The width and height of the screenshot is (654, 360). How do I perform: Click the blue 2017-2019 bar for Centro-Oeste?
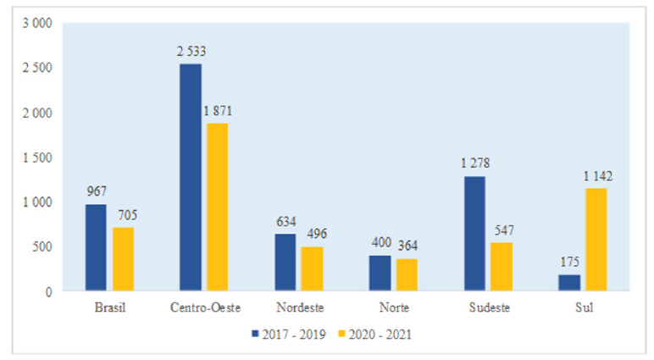click(191, 178)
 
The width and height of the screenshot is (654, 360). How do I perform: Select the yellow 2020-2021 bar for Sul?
click(596, 240)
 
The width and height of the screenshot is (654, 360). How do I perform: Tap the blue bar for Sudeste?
click(475, 234)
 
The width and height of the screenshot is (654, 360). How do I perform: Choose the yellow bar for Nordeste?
click(312, 269)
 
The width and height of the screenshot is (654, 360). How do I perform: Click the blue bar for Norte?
click(380, 273)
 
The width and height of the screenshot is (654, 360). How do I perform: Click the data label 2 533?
click(191, 53)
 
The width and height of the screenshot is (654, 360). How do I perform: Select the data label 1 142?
click(596, 177)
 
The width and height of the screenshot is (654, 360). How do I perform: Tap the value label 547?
click(502, 230)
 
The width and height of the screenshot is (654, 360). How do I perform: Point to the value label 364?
click(407, 246)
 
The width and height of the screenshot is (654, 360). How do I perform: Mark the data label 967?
click(97, 192)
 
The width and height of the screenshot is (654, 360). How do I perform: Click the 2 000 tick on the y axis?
click(38, 113)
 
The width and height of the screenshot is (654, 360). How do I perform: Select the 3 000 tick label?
click(38, 23)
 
